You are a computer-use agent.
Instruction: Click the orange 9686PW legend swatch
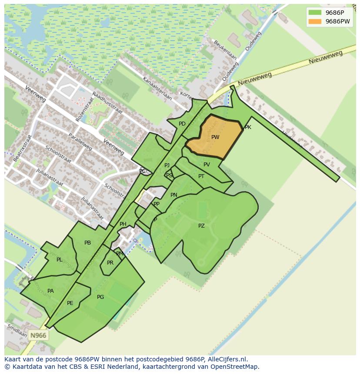click(x=315, y=21)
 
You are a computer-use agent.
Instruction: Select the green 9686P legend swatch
click(x=315, y=13)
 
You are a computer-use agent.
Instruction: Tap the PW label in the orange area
click(x=215, y=137)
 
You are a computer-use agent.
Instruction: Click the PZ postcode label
click(x=201, y=226)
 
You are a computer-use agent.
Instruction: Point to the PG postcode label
click(x=100, y=297)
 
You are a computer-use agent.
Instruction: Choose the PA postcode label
click(x=50, y=291)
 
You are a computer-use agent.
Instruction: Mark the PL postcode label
click(x=59, y=260)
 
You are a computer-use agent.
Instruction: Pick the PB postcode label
click(x=87, y=243)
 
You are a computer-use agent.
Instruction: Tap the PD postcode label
click(x=182, y=124)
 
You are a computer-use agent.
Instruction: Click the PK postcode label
click(x=248, y=127)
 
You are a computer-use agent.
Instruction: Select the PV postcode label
click(x=207, y=165)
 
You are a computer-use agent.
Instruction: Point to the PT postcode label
click(x=201, y=176)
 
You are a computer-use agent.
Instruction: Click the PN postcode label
click(x=174, y=195)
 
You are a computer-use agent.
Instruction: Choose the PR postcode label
click(x=110, y=263)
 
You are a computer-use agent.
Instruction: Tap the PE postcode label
click(x=70, y=303)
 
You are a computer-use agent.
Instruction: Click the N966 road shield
click(x=38, y=335)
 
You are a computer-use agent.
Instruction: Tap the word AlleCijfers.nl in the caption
click(x=226, y=360)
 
